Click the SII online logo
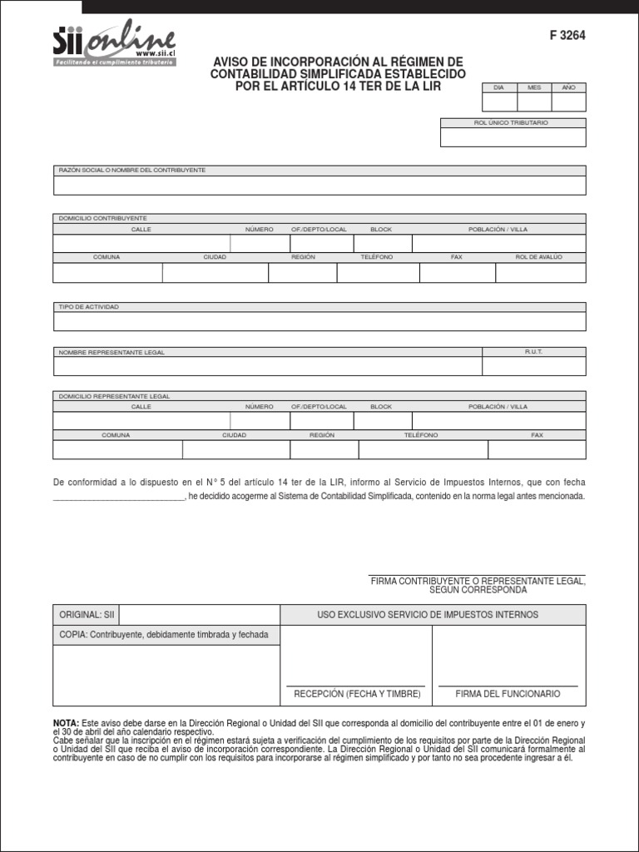pyautogui.click(x=114, y=46)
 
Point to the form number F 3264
pyautogui.click(x=567, y=35)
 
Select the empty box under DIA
pyautogui.click(x=498, y=102)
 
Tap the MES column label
pyautogui.click(x=533, y=87)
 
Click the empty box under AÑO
pyautogui.click(x=568, y=102)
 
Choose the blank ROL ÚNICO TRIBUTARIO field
pyautogui.click(x=513, y=137)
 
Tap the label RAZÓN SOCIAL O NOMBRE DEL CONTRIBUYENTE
pyautogui.click(x=131, y=170)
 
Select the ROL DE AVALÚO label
pyautogui.click(x=539, y=257)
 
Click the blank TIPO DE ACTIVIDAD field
pyautogui.click(x=319, y=321)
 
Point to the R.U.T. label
pyautogui.click(x=533, y=352)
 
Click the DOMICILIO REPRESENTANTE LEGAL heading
pyautogui.click(x=114, y=396)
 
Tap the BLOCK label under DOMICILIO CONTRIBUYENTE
pyautogui.click(x=381, y=229)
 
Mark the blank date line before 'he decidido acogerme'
pyautogui.click(x=118, y=497)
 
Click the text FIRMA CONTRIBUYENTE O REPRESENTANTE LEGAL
pyautogui.click(x=478, y=581)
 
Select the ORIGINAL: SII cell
pyautogui.click(x=87, y=615)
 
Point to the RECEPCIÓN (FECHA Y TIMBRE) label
pyautogui.click(x=357, y=694)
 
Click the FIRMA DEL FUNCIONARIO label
pyautogui.click(x=508, y=694)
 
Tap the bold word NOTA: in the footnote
pyautogui.click(x=66, y=723)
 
